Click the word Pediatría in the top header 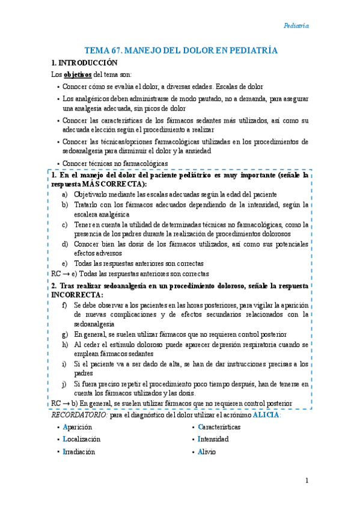296,26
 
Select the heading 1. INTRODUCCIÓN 84,63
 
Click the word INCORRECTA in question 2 77,295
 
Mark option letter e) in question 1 65,263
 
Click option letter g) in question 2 65,334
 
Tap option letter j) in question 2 64,383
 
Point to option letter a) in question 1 65,195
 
